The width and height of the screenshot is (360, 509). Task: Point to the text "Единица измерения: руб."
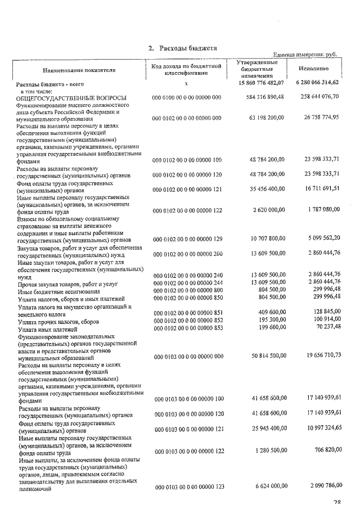click(x=304, y=55)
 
